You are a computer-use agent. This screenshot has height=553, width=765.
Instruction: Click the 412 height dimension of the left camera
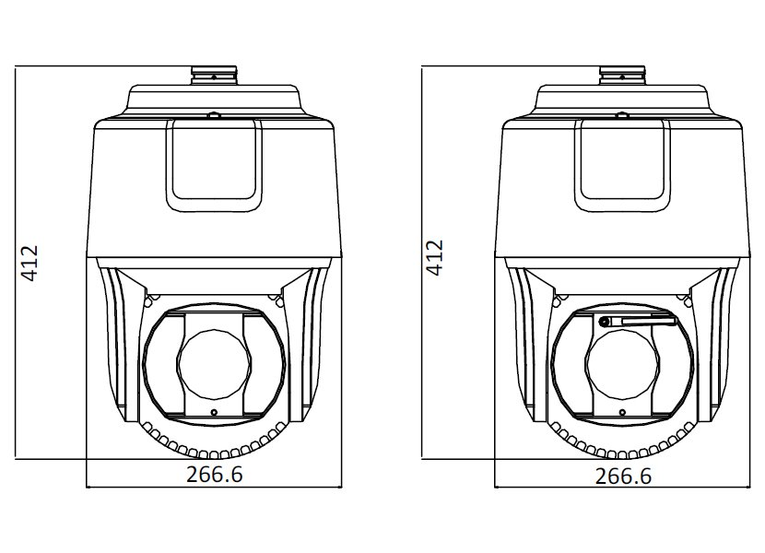[29, 263]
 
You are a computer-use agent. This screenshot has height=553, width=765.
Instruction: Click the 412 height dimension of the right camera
[434, 258]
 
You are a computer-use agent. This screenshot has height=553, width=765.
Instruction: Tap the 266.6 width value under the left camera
[215, 475]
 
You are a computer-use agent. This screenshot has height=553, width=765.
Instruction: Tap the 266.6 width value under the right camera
[623, 476]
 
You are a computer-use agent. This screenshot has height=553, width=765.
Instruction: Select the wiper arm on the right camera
[637, 321]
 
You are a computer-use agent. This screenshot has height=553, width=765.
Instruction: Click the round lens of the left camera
[215, 364]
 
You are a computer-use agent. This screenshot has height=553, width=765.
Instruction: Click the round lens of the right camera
[623, 364]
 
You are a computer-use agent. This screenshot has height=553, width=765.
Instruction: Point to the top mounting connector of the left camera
[214, 76]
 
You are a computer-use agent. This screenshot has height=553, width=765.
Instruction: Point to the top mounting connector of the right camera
[622, 76]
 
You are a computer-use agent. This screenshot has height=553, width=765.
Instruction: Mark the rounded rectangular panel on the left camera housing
[214, 166]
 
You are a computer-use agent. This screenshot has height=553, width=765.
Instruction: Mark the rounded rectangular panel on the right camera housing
[622, 166]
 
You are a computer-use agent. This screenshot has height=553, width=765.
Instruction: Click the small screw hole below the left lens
[214, 412]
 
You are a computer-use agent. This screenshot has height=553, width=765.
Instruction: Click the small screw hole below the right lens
[622, 412]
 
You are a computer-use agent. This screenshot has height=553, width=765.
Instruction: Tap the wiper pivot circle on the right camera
[604, 322]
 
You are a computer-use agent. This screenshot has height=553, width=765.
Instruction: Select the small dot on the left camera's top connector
[213, 76]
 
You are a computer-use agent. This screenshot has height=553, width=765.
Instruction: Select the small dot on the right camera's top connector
[622, 76]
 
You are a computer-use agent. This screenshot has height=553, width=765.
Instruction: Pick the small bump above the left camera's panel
[213, 115]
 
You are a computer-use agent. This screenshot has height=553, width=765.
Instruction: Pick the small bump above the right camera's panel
[621, 115]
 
